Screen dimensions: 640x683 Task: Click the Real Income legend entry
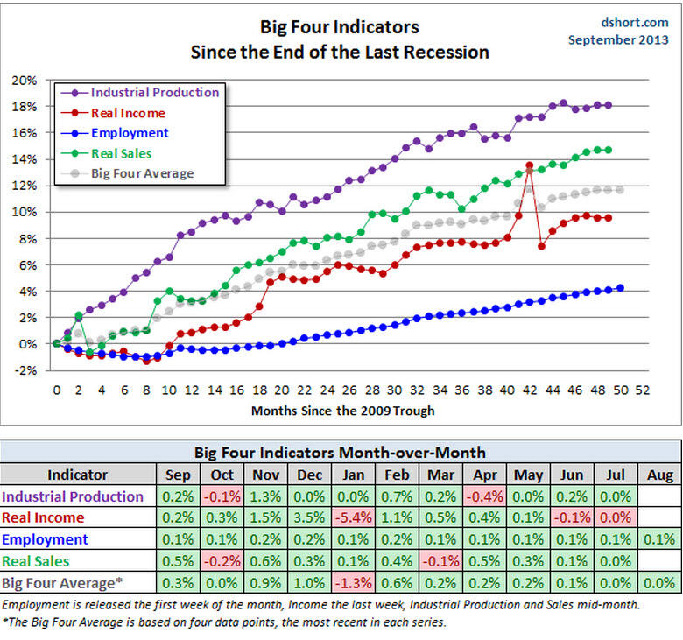[x=128, y=113]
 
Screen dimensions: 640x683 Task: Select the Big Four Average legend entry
[x=142, y=173]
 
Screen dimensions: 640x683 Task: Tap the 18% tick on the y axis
[x=25, y=106]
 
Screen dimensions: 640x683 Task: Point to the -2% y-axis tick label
[x=25, y=370]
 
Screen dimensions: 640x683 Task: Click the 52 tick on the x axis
[x=643, y=390]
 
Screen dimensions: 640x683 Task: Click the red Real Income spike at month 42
[x=529, y=165]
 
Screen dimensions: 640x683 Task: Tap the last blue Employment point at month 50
[x=620, y=287]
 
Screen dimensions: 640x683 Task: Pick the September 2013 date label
[x=619, y=39]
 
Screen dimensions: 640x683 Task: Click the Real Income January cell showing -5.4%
[x=354, y=518]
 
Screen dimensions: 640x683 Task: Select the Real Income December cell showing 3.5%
[x=311, y=518]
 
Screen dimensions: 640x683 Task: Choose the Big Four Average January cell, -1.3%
[x=354, y=582]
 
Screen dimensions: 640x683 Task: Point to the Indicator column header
[x=78, y=475]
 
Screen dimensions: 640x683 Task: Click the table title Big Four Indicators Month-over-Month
[x=339, y=453]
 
